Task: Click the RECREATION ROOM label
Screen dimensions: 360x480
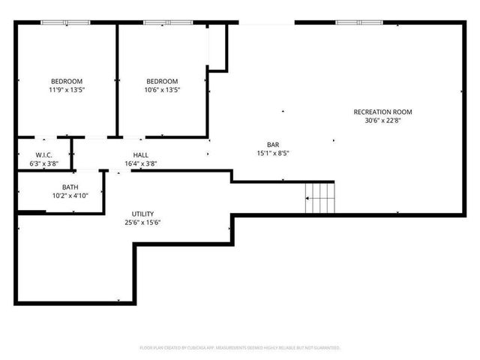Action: click(x=382, y=112)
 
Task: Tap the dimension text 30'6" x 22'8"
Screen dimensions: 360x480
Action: click(x=382, y=120)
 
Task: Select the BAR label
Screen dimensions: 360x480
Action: click(x=273, y=145)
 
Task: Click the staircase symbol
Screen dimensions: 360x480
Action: click(x=320, y=196)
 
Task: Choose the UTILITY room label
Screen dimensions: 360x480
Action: click(x=142, y=214)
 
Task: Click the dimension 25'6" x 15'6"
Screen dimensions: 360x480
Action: click(x=142, y=222)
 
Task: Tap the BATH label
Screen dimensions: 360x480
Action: click(x=70, y=187)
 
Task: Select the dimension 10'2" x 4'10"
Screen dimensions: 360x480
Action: click(x=70, y=195)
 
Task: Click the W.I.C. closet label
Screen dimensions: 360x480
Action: click(x=43, y=154)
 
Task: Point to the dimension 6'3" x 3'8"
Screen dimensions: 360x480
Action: click(x=43, y=163)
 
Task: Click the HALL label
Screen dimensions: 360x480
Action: click(x=140, y=154)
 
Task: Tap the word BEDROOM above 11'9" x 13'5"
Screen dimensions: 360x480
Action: click(x=67, y=81)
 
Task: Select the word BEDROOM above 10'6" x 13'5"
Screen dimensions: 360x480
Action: click(x=162, y=81)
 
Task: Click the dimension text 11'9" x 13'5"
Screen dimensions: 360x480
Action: click(x=67, y=89)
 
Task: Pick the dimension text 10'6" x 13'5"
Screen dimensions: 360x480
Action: click(x=162, y=89)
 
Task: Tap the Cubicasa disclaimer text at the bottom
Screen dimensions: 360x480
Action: click(x=240, y=347)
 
